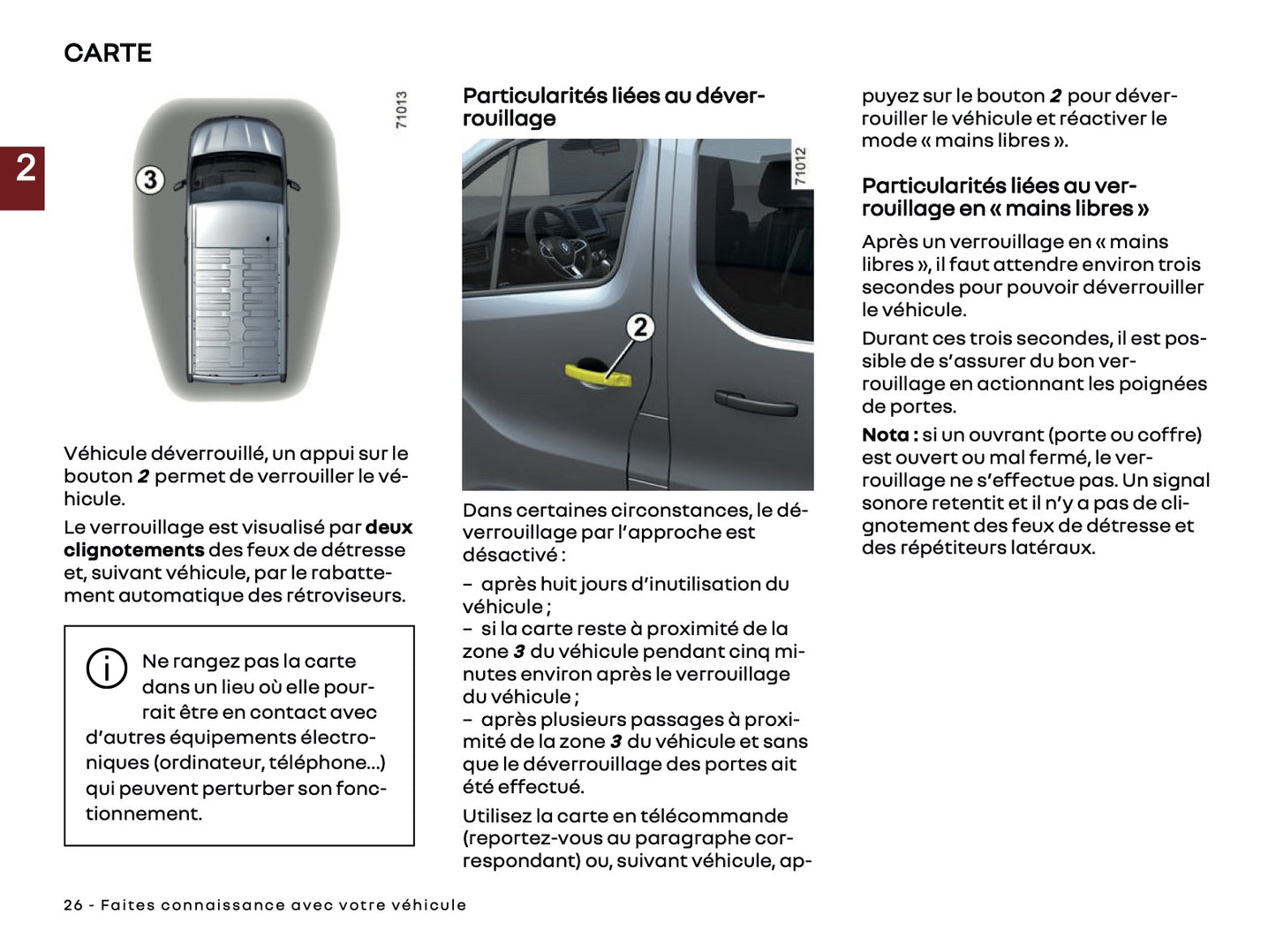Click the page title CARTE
[x=108, y=53]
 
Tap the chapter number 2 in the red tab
[x=26, y=168]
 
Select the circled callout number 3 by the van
[x=150, y=180]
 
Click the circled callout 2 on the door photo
[x=640, y=327]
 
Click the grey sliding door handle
[x=755, y=402]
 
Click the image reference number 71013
[x=402, y=110]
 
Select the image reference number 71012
[x=800, y=166]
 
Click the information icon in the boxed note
[x=106, y=669]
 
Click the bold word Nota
[x=886, y=435]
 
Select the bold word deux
[x=389, y=527]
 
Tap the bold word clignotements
[x=133, y=550]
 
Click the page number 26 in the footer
[x=73, y=905]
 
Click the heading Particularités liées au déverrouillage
[x=613, y=107]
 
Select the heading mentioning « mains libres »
[x=1005, y=197]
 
